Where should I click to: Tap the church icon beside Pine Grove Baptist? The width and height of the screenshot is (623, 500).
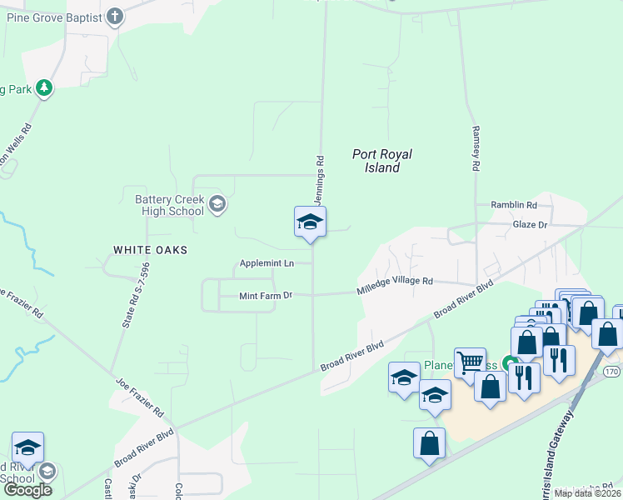[115, 16]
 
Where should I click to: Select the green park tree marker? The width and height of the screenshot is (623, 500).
[44, 87]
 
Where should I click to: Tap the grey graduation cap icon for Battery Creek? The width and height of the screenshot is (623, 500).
[217, 204]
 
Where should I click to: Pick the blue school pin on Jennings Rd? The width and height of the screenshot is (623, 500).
[310, 222]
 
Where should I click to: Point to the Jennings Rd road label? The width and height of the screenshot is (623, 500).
[318, 179]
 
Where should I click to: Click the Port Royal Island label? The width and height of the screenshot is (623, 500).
[382, 161]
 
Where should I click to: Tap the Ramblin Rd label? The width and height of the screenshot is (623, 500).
[514, 205]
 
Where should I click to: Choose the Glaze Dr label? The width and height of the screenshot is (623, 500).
[530, 225]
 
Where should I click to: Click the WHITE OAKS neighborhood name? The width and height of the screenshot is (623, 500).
[151, 250]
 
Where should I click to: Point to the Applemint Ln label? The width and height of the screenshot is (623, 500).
[267, 263]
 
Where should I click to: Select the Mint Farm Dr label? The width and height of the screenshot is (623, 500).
[267, 295]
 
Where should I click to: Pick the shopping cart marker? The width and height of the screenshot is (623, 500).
[470, 362]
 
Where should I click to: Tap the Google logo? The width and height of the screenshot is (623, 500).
[27, 490]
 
